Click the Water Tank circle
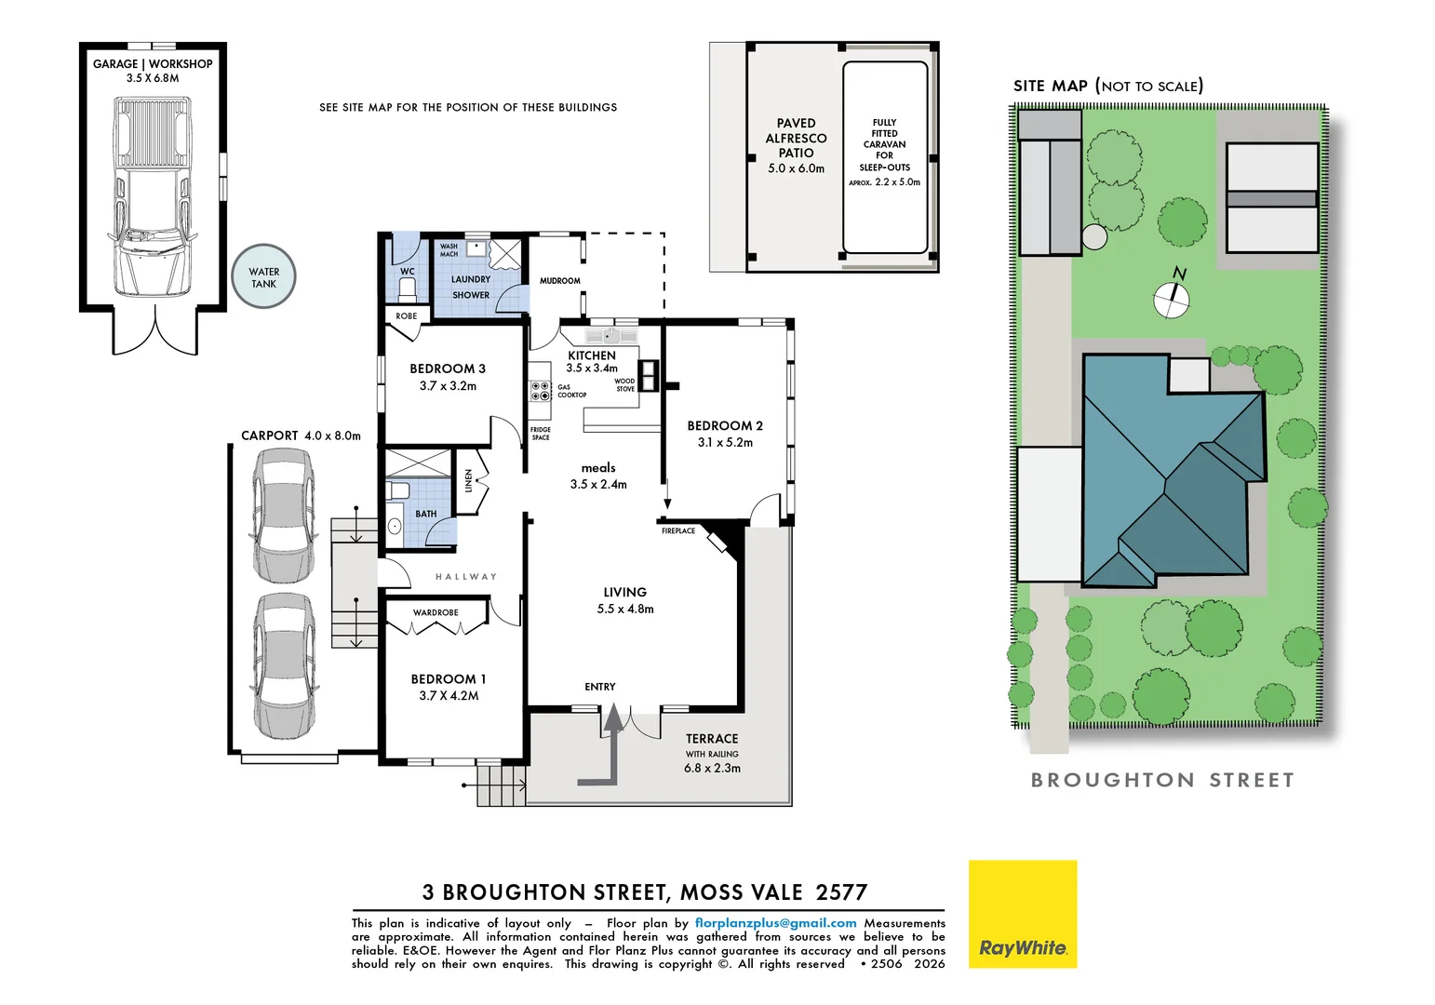click(x=263, y=276)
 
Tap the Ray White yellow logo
click(x=1023, y=914)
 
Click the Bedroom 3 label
click(x=448, y=368)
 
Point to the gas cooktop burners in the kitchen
click(x=541, y=391)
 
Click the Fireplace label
click(x=678, y=531)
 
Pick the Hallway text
click(x=466, y=577)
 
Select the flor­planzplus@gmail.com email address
click(x=775, y=923)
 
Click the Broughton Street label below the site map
click(x=1162, y=780)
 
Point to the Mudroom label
click(x=560, y=280)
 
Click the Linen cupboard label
click(x=468, y=480)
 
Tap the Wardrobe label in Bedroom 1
click(x=436, y=613)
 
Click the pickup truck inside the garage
click(x=153, y=196)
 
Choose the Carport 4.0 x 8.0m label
click(x=301, y=435)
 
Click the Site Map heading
click(x=1108, y=86)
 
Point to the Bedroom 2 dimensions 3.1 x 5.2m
click(x=725, y=443)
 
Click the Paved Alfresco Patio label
click(x=796, y=138)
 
